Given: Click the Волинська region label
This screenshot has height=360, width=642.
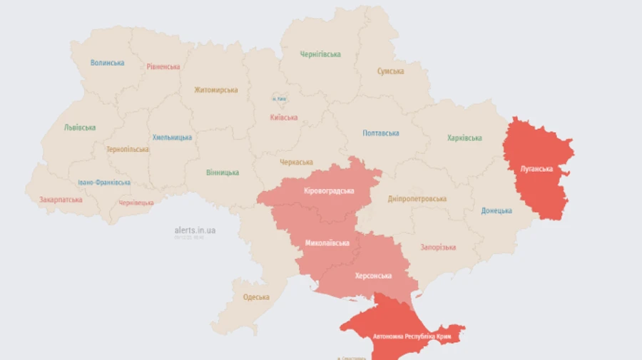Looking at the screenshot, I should [107, 63].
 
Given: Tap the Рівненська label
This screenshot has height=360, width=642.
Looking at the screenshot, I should [163, 67].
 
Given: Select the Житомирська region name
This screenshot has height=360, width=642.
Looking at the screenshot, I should [216, 91].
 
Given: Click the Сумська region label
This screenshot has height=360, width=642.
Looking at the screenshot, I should [391, 71].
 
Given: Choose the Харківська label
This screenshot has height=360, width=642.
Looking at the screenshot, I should [464, 138].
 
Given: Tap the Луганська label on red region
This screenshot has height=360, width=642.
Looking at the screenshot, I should [536, 169].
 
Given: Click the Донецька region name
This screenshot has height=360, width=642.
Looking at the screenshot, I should [496, 211].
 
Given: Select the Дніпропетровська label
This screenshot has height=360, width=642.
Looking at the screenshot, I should [417, 199].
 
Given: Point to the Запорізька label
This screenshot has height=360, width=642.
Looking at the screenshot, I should [438, 247].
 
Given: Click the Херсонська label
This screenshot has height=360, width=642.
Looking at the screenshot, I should [373, 276].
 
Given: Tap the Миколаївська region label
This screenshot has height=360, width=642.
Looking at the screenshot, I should [327, 243].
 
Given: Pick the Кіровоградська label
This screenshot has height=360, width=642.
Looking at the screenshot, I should [329, 191].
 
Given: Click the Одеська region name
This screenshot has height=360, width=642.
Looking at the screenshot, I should [256, 297].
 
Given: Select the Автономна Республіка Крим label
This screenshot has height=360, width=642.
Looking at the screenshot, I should [403, 336].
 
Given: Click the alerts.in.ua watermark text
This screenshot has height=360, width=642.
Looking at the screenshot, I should [195, 230].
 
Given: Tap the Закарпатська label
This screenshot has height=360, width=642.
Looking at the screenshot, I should [61, 200].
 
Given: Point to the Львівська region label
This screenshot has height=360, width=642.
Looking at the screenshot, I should [80, 128].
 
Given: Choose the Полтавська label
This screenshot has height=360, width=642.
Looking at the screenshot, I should [381, 133].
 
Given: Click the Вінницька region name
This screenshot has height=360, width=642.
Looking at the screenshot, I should [223, 173].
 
